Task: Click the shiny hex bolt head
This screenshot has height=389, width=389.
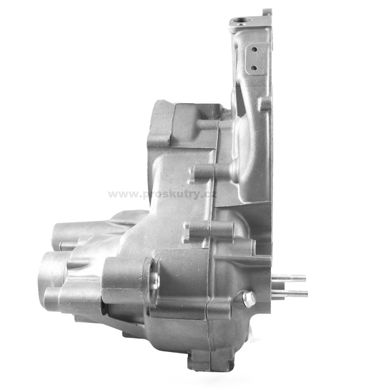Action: [248, 298]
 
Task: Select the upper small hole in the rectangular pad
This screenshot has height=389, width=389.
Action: [253, 49]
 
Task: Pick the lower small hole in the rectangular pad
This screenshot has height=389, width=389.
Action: [253, 67]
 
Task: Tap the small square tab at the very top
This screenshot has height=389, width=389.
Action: [267, 12]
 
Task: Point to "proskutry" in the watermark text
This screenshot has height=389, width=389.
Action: [171, 195]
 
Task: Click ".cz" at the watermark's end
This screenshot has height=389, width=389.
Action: [209, 194]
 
